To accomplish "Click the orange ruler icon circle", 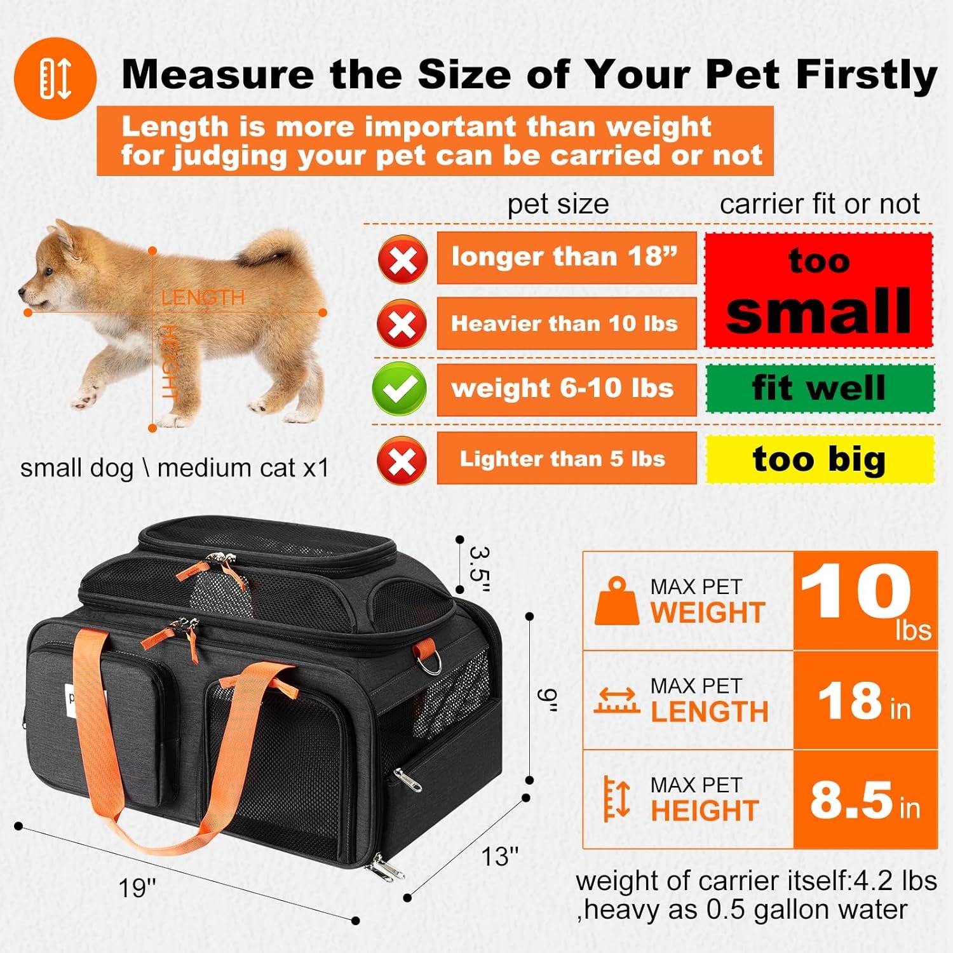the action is pos(55,78).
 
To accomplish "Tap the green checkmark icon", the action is pos(400,389).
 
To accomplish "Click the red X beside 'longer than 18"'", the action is pos(403,259).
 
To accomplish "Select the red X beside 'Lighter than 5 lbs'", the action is pos(402,460).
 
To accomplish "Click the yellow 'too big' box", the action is pos(820,459).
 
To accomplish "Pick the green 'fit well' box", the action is pos(820,388).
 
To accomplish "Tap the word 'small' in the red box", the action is pos(819,311).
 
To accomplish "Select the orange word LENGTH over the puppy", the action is pos(203,297).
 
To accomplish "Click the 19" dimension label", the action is pos(137,888).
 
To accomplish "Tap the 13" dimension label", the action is pos(500,856).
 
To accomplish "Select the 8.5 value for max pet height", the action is pos(851,800).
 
